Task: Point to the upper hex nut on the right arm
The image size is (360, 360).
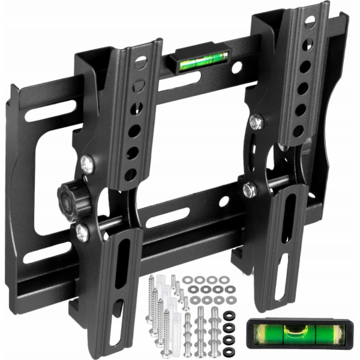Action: [256, 122]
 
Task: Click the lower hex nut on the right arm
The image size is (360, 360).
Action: [250, 190]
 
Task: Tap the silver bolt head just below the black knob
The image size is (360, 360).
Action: [82, 232]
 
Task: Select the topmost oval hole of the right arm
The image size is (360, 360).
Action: [310, 21]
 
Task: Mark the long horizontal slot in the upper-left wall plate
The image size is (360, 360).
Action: [51, 111]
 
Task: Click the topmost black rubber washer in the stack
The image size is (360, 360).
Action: [229, 316]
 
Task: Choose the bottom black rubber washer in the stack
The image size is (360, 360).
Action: [229, 350]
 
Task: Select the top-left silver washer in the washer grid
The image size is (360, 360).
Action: [188, 280]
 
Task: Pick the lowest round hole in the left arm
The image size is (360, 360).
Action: [130, 175]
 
